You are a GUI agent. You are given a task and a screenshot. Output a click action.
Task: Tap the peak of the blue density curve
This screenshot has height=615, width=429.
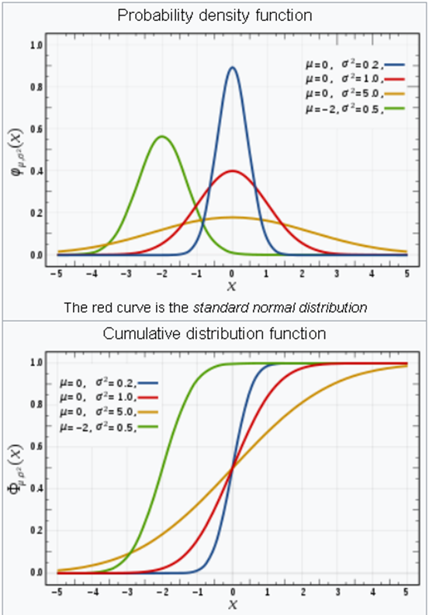pyautogui.click(x=232, y=67)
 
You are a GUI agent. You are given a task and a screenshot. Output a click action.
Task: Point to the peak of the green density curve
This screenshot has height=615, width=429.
pyautogui.click(x=161, y=136)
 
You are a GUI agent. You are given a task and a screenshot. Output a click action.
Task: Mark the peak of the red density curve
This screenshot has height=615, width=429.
pyautogui.click(x=232, y=171)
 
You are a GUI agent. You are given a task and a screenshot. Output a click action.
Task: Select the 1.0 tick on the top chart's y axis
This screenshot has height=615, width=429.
pyautogui.click(x=36, y=46)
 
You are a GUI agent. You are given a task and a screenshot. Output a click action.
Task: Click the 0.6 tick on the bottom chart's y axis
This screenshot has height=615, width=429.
pyautogui.click(x=36, y=446)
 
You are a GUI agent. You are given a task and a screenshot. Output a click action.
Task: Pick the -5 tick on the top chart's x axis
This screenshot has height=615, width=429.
pyautogui.click(x=57, y=274)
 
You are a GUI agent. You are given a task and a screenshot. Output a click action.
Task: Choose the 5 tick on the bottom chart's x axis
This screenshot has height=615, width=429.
pyautogui.click(x=407, y=592)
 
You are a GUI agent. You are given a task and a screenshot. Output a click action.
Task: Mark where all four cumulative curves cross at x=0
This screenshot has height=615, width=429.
pyautogui.click(x=232, y=467)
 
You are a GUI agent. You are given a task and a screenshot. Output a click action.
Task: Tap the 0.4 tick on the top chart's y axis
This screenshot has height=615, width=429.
pyautogui.click(x=36, y=171)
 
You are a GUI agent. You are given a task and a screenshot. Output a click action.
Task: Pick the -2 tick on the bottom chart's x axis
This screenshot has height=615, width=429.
pyautogui.click(x=161, y=592)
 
